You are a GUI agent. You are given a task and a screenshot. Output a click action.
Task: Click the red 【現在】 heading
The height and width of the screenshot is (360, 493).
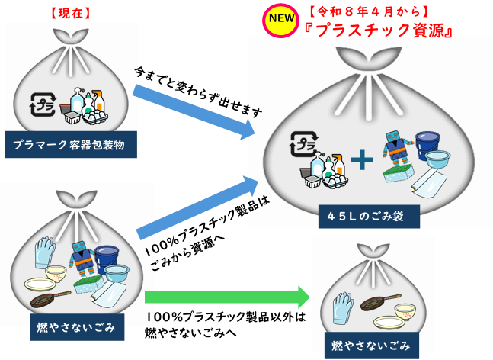71,12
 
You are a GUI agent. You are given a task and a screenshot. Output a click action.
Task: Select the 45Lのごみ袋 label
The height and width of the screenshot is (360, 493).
369,216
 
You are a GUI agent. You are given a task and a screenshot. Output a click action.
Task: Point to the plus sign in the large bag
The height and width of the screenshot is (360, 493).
362,159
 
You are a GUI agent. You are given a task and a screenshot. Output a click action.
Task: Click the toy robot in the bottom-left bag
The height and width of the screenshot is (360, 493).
82,257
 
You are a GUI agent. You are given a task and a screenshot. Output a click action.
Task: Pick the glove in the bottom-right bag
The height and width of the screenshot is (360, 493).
343,307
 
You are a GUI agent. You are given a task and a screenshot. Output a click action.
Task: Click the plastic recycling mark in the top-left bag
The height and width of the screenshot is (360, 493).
42,104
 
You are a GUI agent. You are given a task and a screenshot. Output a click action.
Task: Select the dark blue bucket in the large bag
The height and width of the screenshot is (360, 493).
427,144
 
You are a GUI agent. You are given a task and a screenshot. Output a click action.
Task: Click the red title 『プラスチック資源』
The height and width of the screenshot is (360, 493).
378,30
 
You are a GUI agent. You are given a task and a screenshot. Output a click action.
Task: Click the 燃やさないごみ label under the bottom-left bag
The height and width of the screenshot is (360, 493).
76,327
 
